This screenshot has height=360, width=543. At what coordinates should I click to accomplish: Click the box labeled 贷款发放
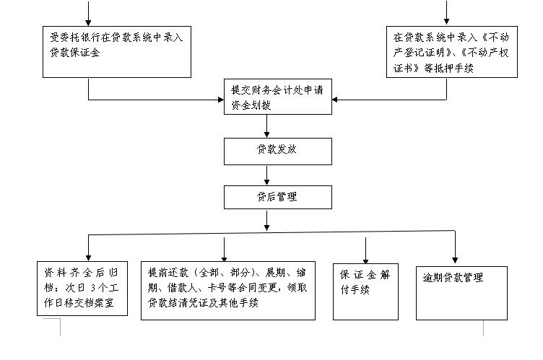point(278,152)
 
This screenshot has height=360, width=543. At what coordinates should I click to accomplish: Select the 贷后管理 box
point(278,197)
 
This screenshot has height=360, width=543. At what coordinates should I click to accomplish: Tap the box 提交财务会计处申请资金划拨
point(278,97)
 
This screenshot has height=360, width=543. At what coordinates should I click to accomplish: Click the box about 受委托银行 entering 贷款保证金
point(117,52)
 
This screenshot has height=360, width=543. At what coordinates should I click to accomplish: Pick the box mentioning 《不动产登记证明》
point(451,52)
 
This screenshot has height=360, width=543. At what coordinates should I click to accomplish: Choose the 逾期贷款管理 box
point(461,293)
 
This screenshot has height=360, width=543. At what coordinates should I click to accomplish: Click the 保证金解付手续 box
point(365,291)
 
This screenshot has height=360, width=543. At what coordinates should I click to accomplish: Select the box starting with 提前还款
point(228,291)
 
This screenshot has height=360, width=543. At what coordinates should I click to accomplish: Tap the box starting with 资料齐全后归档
point(82,289)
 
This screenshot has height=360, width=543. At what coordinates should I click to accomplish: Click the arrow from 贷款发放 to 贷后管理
point(266,175)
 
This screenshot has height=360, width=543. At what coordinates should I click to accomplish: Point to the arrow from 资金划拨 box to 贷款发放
point(266,126)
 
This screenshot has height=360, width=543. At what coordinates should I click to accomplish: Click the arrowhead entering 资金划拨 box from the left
point(221,100)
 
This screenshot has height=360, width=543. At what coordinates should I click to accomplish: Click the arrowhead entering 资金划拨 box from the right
point(334,100)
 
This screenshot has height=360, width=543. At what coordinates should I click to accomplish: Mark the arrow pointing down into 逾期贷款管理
point(455,247)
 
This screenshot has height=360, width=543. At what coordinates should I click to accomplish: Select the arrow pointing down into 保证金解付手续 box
point(365,250)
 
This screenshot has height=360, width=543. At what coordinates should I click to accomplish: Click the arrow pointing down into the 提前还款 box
point(224,249)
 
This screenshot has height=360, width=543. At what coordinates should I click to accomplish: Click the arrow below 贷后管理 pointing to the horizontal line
point(266,221)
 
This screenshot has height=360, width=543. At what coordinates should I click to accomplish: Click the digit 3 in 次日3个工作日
point(93,288)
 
